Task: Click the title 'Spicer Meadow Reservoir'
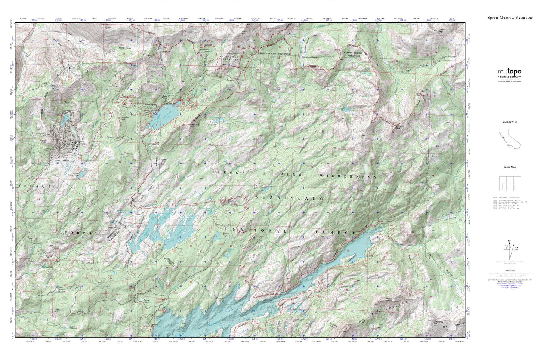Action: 509,17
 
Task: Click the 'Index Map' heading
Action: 509,167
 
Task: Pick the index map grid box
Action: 509,184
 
